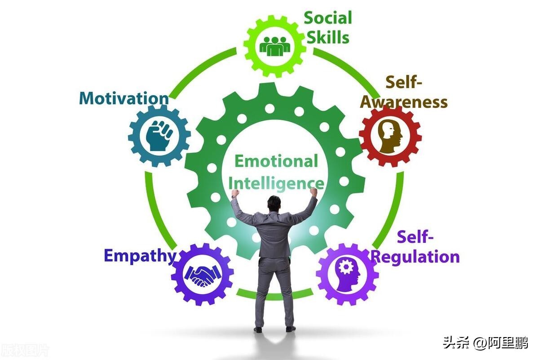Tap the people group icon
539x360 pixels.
(275, 45)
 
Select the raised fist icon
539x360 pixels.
(159, 135)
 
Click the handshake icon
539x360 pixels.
(202, 275)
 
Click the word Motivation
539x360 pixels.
(124, 98)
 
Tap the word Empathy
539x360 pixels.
(140, 256)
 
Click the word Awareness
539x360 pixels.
(404, 102)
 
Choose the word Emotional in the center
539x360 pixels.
(276, 161)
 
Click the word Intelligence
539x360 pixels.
(276, 183)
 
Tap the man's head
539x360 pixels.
(274, 203)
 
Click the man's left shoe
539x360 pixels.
(258, 329)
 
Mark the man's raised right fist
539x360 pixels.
(313, 192)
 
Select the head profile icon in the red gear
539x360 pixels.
(389, 135)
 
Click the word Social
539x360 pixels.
(328, 18)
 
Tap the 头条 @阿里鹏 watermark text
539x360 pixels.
(485, 343)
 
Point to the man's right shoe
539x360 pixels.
(291, 329)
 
